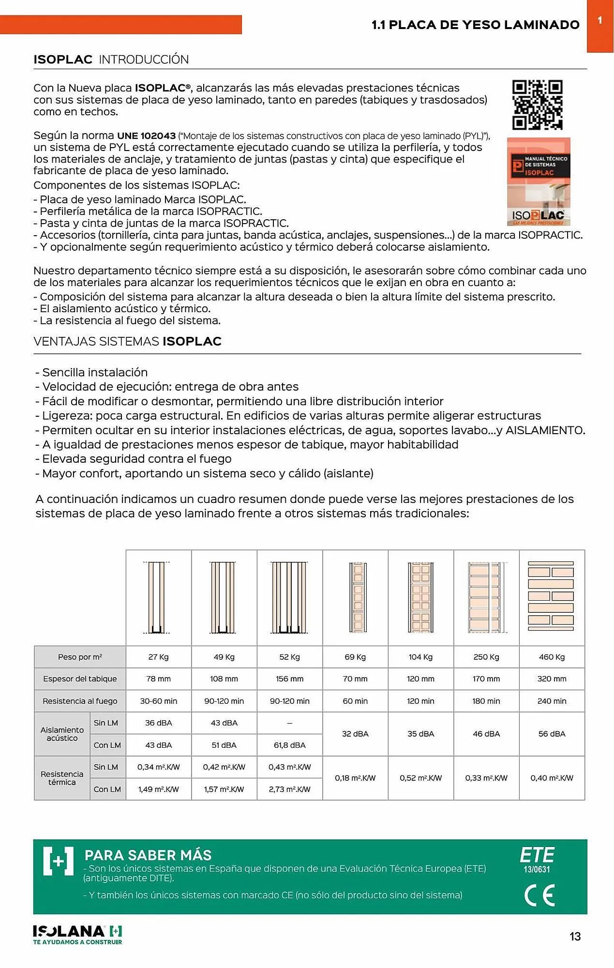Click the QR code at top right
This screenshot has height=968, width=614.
537,105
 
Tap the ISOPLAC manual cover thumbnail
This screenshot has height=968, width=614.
539,181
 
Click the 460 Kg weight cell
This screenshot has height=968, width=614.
552,657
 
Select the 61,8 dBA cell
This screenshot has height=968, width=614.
289,745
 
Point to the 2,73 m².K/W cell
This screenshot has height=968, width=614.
289,789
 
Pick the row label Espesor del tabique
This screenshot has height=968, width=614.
80,679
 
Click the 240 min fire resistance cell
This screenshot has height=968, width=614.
552,701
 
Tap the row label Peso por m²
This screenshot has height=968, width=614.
80,657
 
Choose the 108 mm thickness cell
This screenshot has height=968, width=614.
224,679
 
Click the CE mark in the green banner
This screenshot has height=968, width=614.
539,895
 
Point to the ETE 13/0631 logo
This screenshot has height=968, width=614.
537,860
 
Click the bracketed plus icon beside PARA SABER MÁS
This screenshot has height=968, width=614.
58,861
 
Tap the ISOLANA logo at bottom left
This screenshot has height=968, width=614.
77,935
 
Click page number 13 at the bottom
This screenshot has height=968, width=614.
575,937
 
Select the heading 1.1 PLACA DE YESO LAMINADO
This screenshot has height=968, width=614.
475,25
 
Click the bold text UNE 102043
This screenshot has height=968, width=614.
146,136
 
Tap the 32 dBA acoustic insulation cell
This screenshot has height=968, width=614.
355,734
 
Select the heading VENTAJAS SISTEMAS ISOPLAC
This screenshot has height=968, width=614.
127,341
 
